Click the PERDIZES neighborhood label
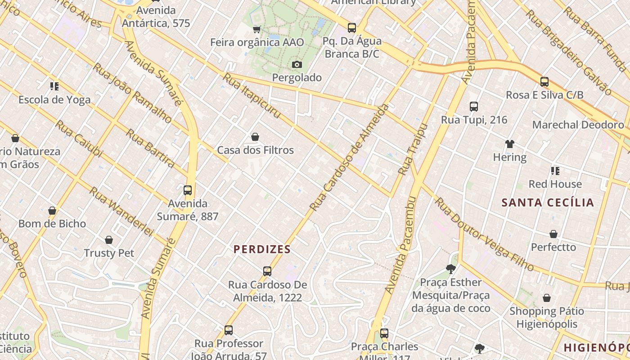click(262, 249)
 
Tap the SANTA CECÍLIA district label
click(548, 202)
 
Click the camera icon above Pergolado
click(297, 65)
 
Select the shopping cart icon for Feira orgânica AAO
click(256, 30)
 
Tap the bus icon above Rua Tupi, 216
click(474, 107)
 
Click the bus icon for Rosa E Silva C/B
click(544, 82)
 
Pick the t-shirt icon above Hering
click(509, 144)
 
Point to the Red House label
click(555, 184)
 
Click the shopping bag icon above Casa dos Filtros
click(255, 137)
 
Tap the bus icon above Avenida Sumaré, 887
click(188, 190)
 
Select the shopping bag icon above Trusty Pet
click(109, 240)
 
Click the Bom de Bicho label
click(52, 224)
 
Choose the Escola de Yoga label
click(54, 99)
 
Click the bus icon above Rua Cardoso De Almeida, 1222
click(267, 271)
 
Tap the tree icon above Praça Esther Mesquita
click(450, 269)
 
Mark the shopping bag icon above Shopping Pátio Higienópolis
click(547, 298)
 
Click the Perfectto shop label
click(553, 247)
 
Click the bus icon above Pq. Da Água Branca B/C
click(352, 28)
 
